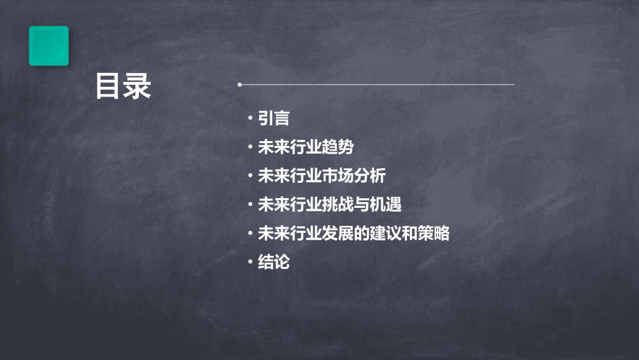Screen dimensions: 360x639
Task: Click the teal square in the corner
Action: tap(49, 46)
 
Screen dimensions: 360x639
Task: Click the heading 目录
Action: tap(124, 87)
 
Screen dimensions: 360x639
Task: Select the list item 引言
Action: tap(274, 119)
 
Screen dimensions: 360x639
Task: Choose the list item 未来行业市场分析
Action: tap(322, 177)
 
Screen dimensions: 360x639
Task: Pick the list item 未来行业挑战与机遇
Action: tap(330, 205)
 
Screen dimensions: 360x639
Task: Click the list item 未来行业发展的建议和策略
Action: tap(354, 234)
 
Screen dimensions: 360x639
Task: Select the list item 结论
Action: tap(274, 263)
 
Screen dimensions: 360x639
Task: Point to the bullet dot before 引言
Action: tap(250, 119)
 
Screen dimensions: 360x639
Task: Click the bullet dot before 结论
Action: tap(250, 262)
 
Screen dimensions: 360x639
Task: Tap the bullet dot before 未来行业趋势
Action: tap(250, 147)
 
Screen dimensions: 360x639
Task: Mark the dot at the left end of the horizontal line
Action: tap(240, 85)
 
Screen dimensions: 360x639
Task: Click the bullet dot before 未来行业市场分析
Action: tap(250, 177)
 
